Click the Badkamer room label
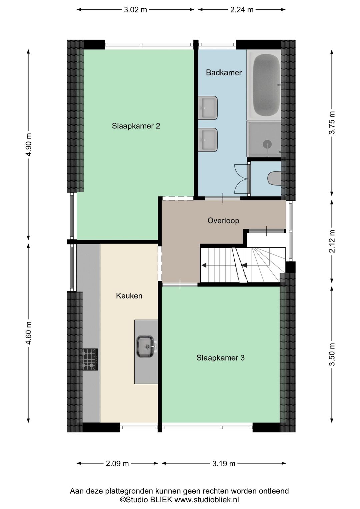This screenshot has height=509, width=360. [223, 73]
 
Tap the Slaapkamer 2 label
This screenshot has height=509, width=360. [136, 126]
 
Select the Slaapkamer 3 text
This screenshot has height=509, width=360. [220, 358]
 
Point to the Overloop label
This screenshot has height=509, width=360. [223, 220]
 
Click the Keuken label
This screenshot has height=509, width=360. [129, 296]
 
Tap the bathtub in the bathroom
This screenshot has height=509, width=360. [266, 85]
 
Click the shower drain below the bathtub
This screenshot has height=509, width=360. [267, 144]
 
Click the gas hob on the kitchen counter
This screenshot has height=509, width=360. [90, 360]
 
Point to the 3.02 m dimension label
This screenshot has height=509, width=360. [135, 10]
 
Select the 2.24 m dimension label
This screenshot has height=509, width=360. [242, 10]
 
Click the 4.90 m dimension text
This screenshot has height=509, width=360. [28, 145]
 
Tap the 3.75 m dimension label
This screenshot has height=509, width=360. [332, 123]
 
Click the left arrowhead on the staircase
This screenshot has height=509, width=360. [204, 265]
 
